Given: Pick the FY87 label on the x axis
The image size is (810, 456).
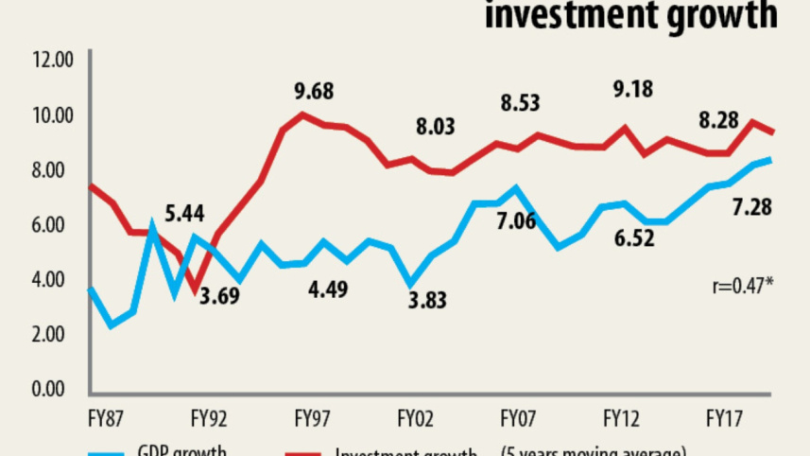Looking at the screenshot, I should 108,417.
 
